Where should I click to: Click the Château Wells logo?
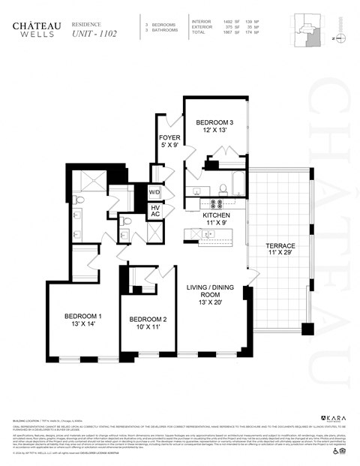[x=37, y=29]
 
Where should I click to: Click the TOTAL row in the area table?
[x=226, y=33]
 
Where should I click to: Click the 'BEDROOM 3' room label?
[x=214, y=126]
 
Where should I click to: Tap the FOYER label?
[x=169, y=142]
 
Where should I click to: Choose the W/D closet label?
[x=156, y=192]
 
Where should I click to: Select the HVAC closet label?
[x=156, y=211]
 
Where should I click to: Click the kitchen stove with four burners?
[x=217, y=203]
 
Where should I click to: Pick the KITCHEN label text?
[x=217, y=218]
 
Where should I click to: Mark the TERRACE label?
[x=280, y=250]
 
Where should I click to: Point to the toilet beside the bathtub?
[x=223, y=188]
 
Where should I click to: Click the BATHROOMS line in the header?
[x=163, y=31]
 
